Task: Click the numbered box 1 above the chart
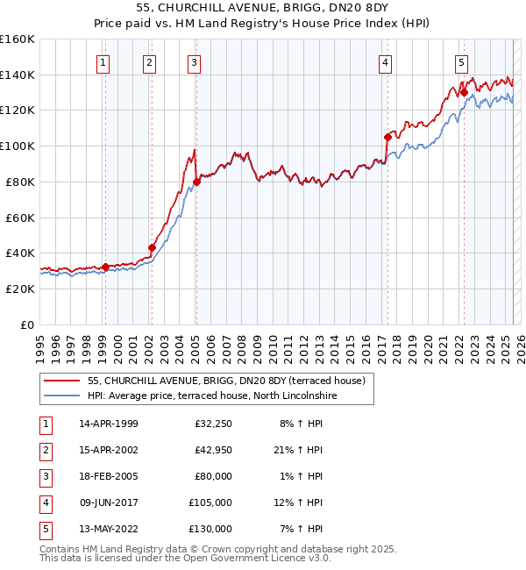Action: (104, 62)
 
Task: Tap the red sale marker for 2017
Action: (387, 137)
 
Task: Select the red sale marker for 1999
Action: (105, 267)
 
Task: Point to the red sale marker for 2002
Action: (151, 247)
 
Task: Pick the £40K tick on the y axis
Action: (20, 253)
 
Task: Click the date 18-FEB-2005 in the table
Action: (109, 476)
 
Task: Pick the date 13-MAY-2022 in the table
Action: (109, 529)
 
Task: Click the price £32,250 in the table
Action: (213, 424)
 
